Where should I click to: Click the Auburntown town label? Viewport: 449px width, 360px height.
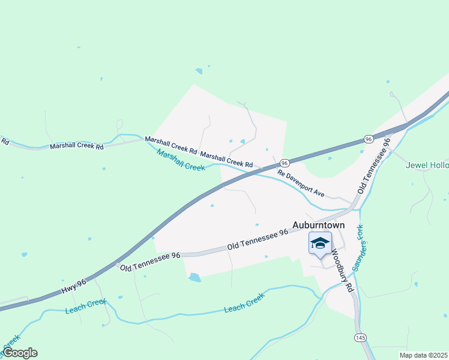pyautogui.click(x=318, y=225)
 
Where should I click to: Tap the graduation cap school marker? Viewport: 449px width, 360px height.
pyautogui.click(x=320, y=244)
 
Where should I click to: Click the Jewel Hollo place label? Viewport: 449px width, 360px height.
pyautogui.click(x=427, y=165)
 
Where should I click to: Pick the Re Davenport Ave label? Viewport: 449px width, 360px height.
pyautogui.click(x=300, y=182)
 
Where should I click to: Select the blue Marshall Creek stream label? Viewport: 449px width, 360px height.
pyautogui.click(x=181, y=160)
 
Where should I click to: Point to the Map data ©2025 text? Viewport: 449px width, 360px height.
pyautogui.click(x=423, y=355)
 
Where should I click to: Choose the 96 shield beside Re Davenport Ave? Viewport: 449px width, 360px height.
pyautogui.click(x=285, y=163)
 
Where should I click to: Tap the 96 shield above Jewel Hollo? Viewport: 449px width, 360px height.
pyautogui.click(x=368, y=139)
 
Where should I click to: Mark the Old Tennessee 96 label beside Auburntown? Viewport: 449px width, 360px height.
pyautogui.click(x=258, y=241)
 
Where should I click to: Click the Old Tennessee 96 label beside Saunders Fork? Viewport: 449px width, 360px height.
pyautogui.click(x=375, y=165)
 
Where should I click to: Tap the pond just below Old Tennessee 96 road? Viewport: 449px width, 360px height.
pyautogui.click(x=194, y=277)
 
